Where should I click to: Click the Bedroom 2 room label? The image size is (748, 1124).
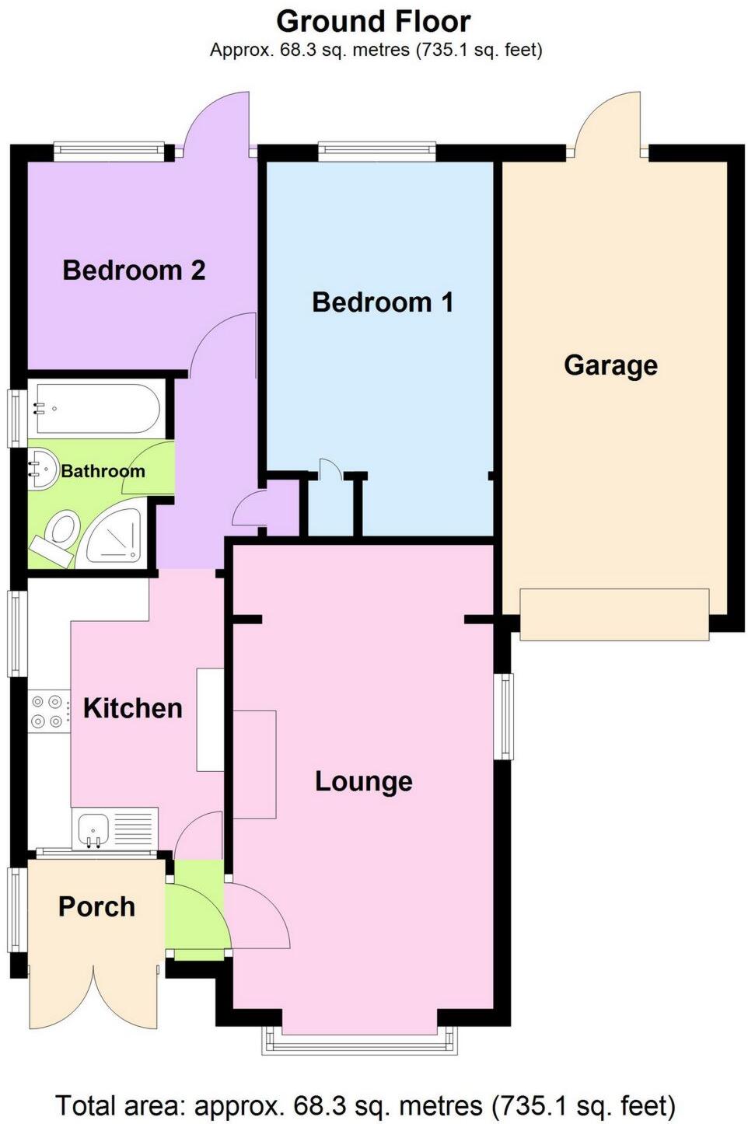point(134,271)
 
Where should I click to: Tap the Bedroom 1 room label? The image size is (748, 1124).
point(383,302)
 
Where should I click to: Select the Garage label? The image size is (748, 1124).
point(610,365)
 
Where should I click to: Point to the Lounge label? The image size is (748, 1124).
point(363,781)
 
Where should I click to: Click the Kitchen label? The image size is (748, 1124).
point(132,708)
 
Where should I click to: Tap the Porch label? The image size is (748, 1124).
point(96,906)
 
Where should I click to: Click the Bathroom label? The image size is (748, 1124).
point(103,471)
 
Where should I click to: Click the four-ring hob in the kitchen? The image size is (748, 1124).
point(47,711)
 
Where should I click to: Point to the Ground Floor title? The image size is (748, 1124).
point(373,21)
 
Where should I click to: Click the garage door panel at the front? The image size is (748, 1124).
point(613,614)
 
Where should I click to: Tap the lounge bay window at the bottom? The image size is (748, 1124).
point(359,1042)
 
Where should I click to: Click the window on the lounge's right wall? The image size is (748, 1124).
point(505,715)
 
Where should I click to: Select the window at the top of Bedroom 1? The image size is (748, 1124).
point(377,152)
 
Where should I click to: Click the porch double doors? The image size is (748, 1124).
point(94,999)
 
